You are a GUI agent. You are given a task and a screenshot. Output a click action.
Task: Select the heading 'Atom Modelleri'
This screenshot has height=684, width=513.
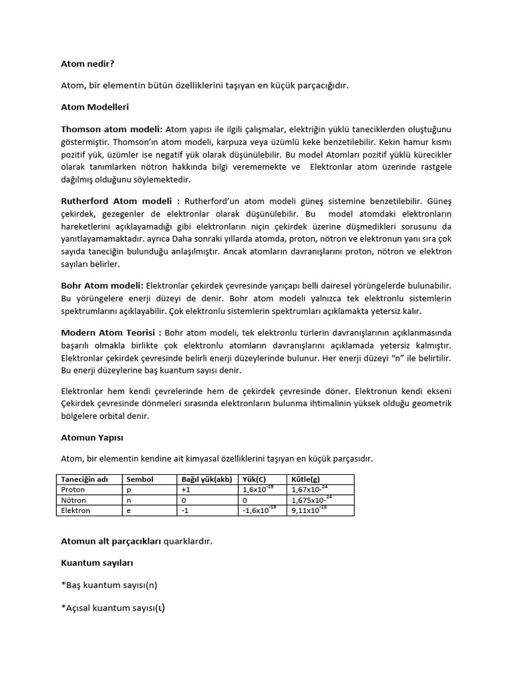[95, 107]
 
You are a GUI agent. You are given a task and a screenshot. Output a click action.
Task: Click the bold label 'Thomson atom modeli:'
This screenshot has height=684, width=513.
[112, 128]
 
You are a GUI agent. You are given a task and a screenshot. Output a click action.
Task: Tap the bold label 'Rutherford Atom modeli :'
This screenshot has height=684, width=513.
[120, 201]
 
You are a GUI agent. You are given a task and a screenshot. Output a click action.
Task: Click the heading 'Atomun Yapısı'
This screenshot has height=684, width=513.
[92, 438]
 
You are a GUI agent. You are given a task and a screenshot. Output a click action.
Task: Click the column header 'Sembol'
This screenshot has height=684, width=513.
[140, 480]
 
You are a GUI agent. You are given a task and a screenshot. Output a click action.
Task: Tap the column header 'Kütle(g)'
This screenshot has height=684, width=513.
[306, 480]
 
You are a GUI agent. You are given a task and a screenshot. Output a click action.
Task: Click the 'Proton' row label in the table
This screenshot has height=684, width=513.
[73, 490]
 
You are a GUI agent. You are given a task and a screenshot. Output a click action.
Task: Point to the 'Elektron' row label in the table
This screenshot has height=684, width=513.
[75, 510]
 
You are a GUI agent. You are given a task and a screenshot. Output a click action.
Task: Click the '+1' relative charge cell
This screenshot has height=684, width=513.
[186, 490]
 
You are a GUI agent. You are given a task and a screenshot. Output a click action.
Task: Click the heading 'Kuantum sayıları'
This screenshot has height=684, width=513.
[98, 564]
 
